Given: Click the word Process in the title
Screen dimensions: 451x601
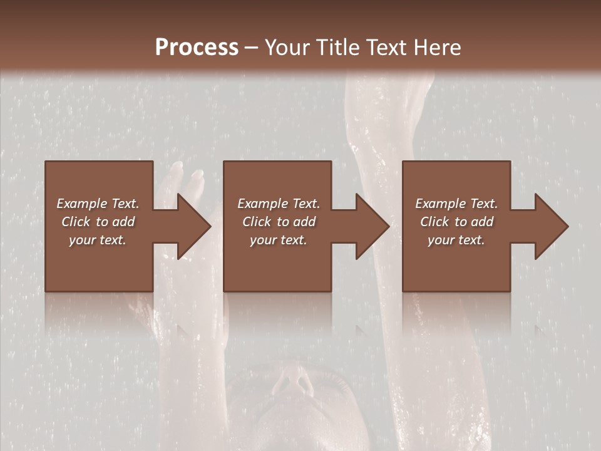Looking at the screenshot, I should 197,47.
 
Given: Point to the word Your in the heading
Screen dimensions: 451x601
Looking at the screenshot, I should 287,47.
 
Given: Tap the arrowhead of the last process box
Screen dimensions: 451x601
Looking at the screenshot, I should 550,226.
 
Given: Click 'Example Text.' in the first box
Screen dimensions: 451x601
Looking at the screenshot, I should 98,204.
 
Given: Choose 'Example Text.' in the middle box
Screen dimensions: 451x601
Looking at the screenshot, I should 279,204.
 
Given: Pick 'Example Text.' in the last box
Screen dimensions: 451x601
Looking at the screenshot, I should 456,204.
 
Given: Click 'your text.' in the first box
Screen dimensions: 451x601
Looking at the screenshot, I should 98,240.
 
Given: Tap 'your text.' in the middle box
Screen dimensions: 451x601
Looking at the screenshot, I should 279,240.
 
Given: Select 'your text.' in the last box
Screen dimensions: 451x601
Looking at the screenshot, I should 456,240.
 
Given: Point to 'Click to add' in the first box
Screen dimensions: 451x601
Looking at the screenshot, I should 98,222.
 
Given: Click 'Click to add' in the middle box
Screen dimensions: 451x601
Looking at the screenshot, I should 279,222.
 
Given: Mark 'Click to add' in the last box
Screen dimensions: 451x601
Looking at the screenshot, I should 456,222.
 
